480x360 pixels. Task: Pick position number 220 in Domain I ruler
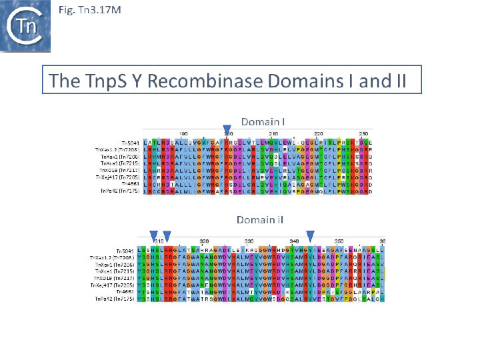click(x=318, y=134)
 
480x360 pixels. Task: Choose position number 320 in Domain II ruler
click(x=205, y=241)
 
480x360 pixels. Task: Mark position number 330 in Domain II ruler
click(x=249, y=241)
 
